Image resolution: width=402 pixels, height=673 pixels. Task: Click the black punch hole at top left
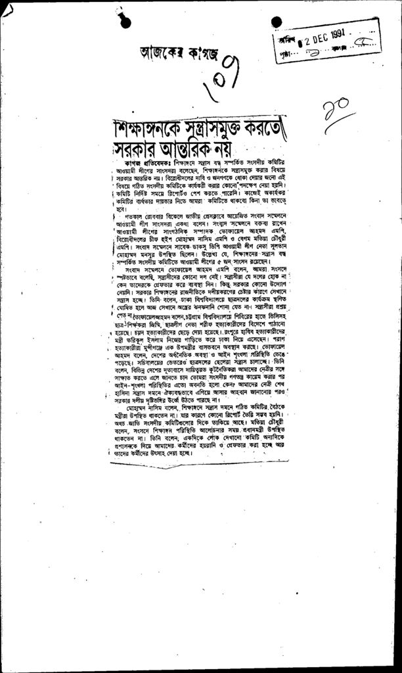click(x=119, y=20)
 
